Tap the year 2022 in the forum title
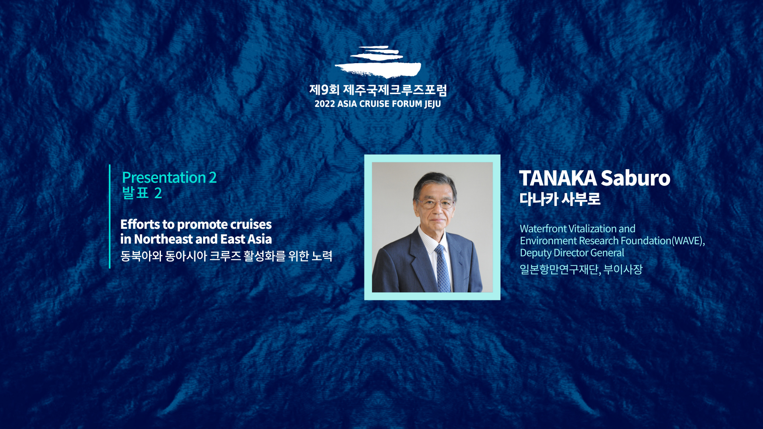325,104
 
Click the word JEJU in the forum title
432,104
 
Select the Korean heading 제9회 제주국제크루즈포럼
378,90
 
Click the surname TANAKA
558,178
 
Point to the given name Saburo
635,178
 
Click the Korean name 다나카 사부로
560,199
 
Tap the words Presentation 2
169,178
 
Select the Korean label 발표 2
142,193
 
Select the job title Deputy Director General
572,253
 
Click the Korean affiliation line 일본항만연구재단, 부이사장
581,269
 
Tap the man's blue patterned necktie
442,269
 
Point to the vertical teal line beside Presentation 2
110,216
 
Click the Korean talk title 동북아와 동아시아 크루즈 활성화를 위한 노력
226,256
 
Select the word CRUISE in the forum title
374,104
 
